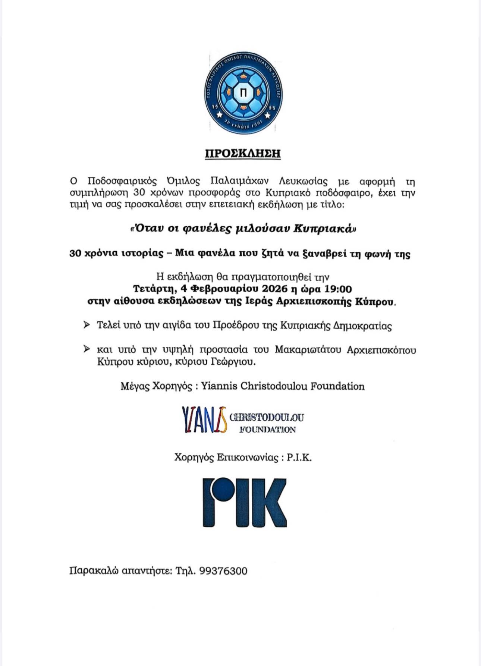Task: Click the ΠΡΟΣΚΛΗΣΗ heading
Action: tap(243, 154)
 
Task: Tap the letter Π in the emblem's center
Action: tap(243, 93)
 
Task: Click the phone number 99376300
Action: tap(223, 571)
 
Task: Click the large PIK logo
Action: tap(244, 502)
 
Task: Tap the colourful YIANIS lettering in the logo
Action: tap(204, 419)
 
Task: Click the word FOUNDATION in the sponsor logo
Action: tap(267, 430)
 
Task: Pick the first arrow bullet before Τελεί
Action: tap(87, 325)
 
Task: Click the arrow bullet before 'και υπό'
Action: tap(87, 349)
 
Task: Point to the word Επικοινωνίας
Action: tap(248, 458)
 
